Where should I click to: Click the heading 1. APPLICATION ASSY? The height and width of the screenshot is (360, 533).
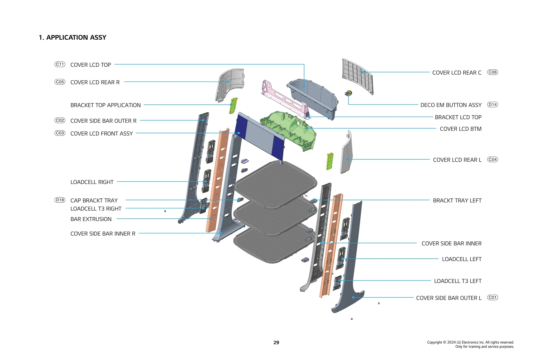click(x=72, y=37)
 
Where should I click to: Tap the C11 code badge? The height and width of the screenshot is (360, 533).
click(x=60, y=64)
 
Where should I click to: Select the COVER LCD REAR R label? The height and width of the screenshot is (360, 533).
click(x=95, y=82)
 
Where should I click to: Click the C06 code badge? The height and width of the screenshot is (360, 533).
click(x=492, y=72)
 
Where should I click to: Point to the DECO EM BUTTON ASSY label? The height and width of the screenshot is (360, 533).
click(x=451, y=105)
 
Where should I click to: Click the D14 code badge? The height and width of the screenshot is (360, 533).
click(x=492, y=105)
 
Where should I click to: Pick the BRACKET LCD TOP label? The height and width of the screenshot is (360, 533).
click(x=458, y=117)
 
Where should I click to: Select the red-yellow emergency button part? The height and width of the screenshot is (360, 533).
click(x=348, y=93)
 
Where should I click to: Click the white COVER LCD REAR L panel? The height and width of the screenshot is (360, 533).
click(x=346, y=153)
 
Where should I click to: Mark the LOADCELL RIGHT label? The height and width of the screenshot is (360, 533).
click(x=92, y=182)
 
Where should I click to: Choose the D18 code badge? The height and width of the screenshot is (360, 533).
click(x=60, y=200)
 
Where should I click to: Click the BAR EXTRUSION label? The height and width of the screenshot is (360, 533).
click(x=91, y=219)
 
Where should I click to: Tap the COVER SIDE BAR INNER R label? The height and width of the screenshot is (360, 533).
click(x=103, y=234)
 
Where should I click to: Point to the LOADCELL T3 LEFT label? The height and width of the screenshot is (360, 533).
click(x=458, y=281)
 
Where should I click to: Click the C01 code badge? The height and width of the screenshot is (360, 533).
click(x=492, y=297)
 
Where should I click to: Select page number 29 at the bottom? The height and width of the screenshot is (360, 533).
click(x=276, y=342)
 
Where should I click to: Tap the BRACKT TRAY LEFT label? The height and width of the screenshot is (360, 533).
click(x=457, y=200)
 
